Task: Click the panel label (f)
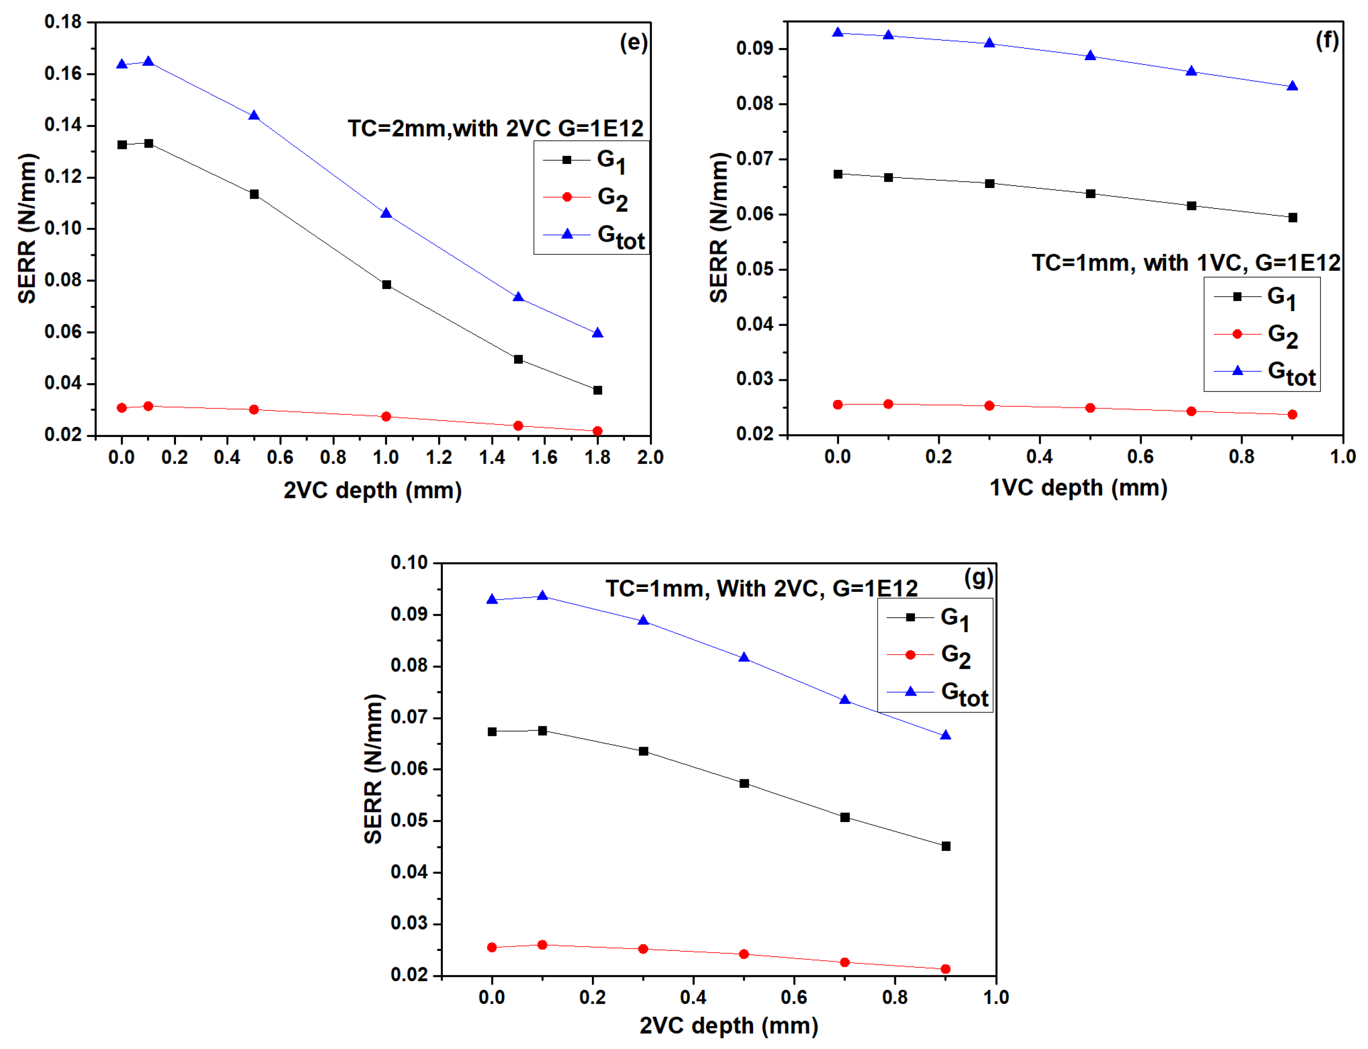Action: pyautogui.click(x=1327, y=40)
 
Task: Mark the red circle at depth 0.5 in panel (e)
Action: pyautogui.click(x=253, y=410)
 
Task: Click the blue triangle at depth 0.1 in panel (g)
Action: pyautogui.click(x=542, y=596)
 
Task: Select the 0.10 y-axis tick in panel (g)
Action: pyautogui.click(x=409, y=562)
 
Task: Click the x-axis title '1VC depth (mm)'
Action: pyautogui.click(x=1078, y=487)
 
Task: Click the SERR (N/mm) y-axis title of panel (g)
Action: pyautogui.click(x=373, y=768)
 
